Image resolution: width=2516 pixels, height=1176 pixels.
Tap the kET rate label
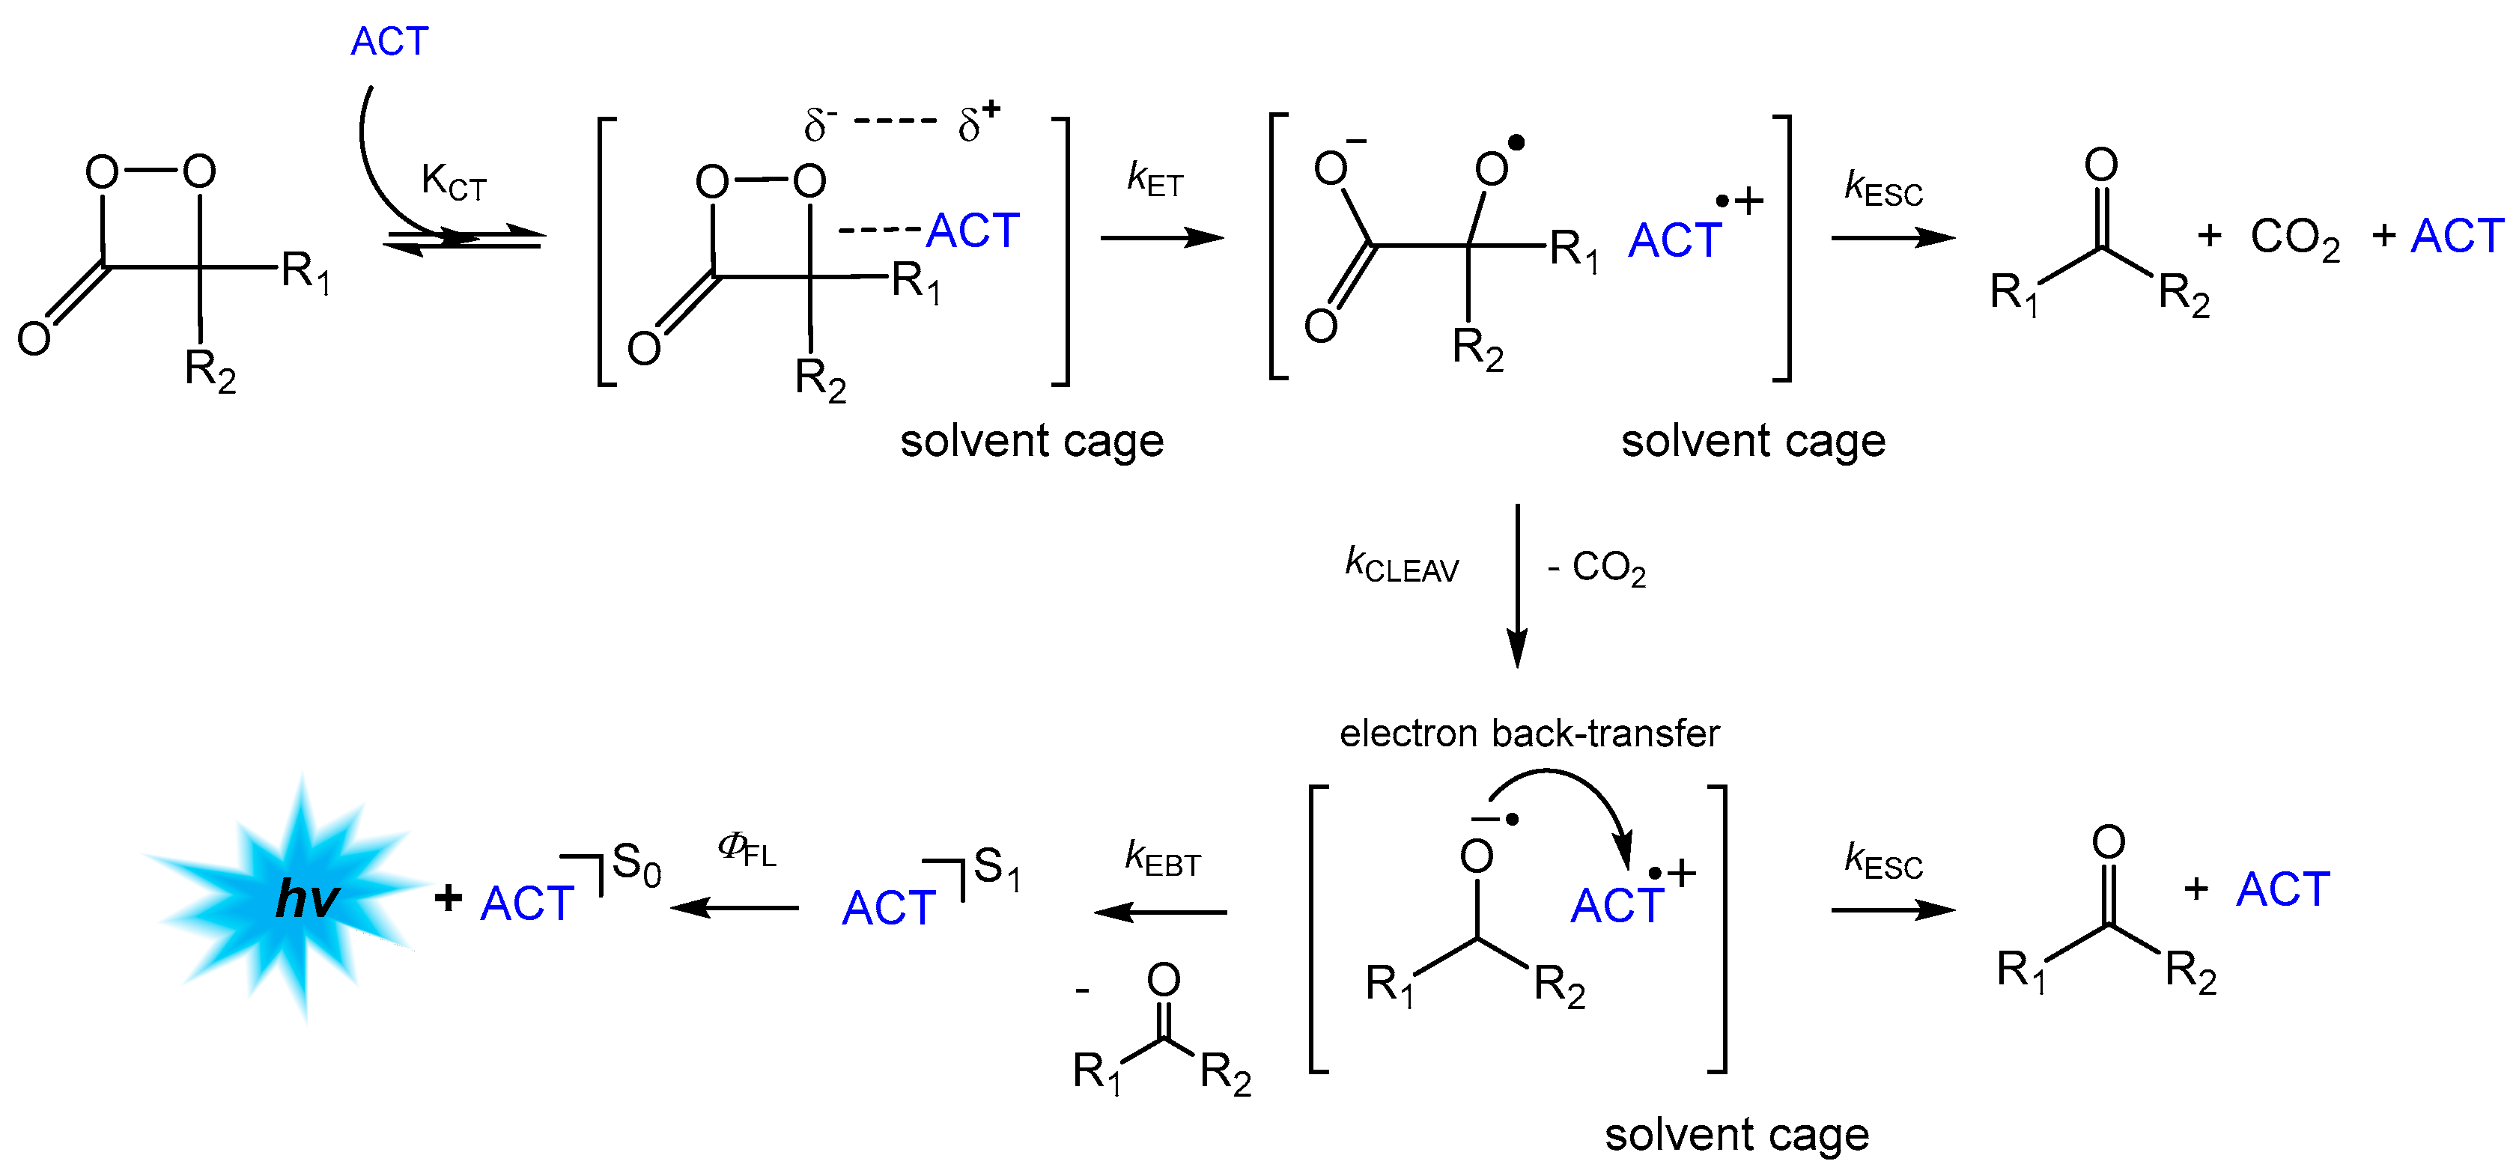[x=1155, y=180]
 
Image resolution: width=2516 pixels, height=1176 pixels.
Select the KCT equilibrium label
[x=453, y=182]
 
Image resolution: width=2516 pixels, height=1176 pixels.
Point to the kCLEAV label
[x=1402, y=565]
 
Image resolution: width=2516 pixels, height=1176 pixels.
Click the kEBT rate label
[x=1162, y=859]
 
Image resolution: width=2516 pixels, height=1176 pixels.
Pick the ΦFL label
[x=747, y=850]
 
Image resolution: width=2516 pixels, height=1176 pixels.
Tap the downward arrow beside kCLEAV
[x=1517, y=586]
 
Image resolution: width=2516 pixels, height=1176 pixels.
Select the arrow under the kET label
[x=1161, y=237]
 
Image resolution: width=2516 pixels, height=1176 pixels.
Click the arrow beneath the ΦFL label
[x=735, y=908]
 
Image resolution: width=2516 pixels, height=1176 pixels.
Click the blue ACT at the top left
[x=389, y=42]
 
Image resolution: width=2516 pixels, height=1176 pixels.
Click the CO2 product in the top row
[x=2294, y=237]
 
